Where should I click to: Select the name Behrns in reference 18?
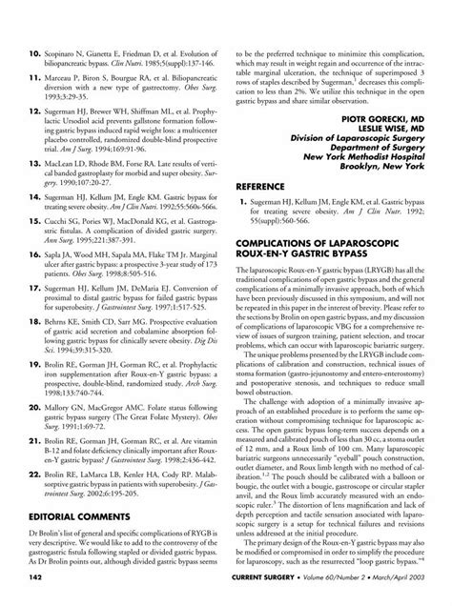60,352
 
